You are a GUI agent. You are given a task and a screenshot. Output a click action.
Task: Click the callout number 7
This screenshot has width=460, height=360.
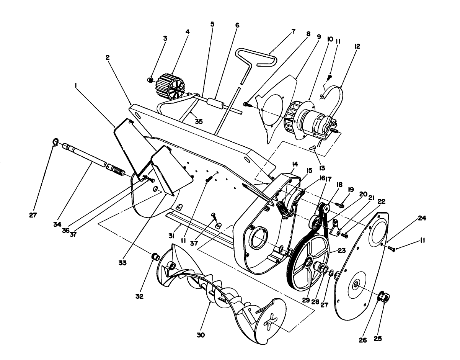[x=294, y=31]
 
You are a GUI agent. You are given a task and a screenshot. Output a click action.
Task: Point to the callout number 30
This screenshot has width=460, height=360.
[x=201, y=335]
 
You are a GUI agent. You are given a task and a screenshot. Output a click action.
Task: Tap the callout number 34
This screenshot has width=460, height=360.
[x=57, y=224]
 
